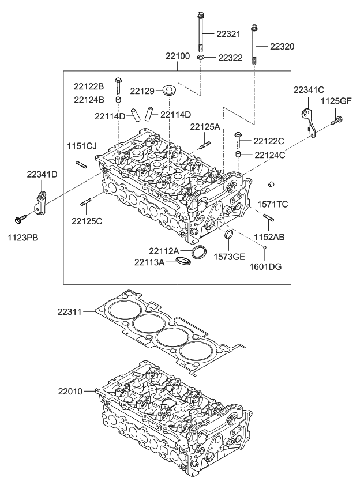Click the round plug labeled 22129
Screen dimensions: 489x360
coord(169,91)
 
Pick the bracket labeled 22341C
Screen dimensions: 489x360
coord(309,121)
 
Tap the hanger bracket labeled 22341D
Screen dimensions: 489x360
coord(40,203)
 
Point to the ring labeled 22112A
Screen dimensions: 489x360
coord(199,252)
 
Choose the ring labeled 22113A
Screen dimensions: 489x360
coord(183,262)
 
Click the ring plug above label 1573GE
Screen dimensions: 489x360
coord(229,235)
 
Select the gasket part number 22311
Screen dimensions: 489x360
coord(70,311)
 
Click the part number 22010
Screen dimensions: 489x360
coord(70,391)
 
